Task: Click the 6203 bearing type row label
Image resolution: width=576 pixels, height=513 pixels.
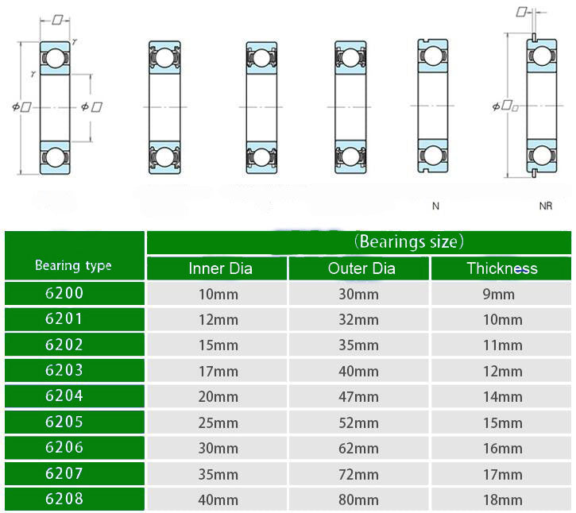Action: point(64,370)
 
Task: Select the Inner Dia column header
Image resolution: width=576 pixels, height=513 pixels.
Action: point(220,268)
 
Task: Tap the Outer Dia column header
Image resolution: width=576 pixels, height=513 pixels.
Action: point(361,268)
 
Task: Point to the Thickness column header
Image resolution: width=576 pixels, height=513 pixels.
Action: point(502,268)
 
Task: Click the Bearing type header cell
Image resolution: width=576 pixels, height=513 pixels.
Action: point(73,265)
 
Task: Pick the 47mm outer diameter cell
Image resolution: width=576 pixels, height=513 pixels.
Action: point(358,397)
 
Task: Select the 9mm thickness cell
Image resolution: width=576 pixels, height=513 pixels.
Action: point(498,294)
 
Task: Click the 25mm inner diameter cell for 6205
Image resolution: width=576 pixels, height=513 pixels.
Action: point(218,423)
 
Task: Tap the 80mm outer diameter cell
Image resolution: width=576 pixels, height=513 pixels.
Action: point(358,499)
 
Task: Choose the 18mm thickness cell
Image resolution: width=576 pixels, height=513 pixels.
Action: point(503,499)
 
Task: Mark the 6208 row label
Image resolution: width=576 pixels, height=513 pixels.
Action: point(64,499)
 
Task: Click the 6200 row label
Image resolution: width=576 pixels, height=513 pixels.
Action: point(64,293)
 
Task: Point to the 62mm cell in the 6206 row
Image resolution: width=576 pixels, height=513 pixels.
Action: point(358,449)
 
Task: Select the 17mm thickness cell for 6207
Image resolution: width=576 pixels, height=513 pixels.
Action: point(503,474)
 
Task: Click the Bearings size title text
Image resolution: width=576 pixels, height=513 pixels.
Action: point(409,241)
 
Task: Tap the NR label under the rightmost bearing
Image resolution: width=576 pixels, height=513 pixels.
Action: point(546,206)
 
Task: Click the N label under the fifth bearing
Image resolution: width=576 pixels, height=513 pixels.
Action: point(435,206)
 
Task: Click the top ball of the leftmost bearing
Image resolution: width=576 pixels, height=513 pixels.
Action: point(55,58)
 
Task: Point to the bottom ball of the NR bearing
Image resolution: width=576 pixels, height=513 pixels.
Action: point(542,156)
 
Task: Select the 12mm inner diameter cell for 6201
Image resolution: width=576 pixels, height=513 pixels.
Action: point(218,320)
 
